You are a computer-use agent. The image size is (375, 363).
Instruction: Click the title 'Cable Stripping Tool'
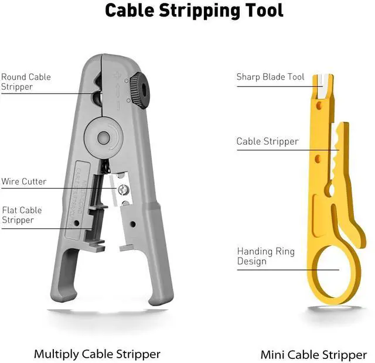click(x=194, y=11)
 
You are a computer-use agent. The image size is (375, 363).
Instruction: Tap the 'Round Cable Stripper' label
click(x=26, y=82)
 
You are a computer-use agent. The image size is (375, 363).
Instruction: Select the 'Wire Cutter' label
click(x=23, y=181)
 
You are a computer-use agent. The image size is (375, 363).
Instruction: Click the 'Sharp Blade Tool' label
click(x=270, y=77)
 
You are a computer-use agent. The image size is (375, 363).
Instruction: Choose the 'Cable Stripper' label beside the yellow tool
click(x=267, y=141)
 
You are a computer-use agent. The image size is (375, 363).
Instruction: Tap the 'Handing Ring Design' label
click(x=265, y=256)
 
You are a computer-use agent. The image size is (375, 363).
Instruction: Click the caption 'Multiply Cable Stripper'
click(x=97, y=354)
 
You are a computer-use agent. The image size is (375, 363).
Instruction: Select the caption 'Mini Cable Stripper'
click(x=313, y=354)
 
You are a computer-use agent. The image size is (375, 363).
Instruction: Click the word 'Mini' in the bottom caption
click(x=272, y=354)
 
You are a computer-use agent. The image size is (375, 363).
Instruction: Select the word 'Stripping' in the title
click(x=194, y=11)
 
